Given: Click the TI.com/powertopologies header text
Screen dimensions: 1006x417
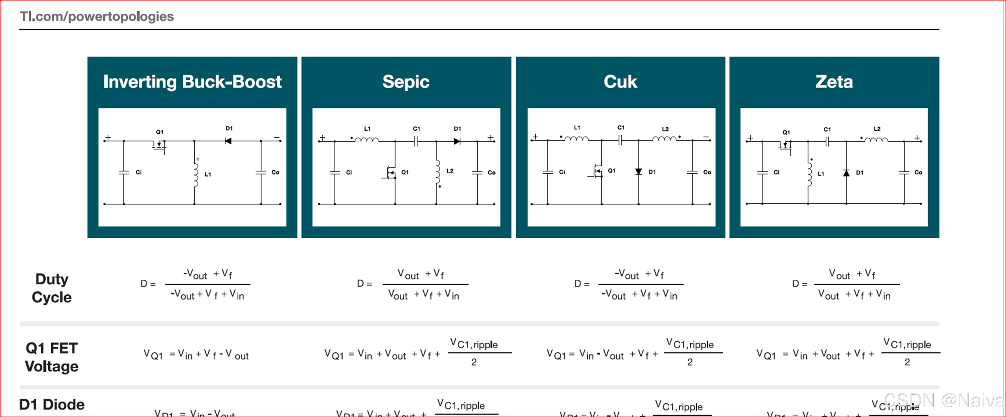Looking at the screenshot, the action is pyautogui.click(x=97, y=17).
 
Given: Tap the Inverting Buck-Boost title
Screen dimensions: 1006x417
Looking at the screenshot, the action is pyautogui.click(x=192, y=82).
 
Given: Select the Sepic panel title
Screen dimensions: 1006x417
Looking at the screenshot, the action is pyautogui.click(x=406, y=82).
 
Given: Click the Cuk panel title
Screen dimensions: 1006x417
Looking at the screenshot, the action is pyautogui.click(x=620, y=82).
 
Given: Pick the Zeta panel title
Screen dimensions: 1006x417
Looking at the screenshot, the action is pyautogui.click(x=834, y=82).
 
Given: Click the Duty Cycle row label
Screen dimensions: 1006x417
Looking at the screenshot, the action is pyautogui.click(x=52, y=288).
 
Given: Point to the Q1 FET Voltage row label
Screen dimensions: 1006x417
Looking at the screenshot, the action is pyautogui.click(x=52, y=357).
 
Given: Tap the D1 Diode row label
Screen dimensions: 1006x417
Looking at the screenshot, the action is pyautogui.click(x=52, y=405).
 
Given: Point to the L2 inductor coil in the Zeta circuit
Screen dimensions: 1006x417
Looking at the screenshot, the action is pyautogui.click(x=876, y=139).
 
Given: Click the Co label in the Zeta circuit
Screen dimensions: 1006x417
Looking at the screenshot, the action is pyautogui.click(x=918, y=172).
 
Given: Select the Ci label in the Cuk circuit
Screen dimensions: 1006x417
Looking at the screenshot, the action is pyautogui.click(x=562, y=172).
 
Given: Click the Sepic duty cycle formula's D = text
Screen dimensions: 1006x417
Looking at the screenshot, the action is pyautogui.click(x=364, y=284).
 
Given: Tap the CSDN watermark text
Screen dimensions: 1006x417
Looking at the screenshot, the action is pyautogui.click(x=943, y=400).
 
